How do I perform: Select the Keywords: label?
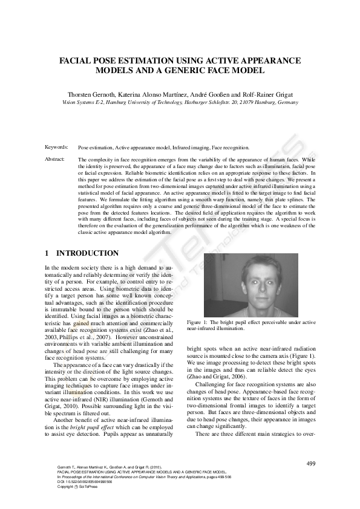click(x=56, y=148)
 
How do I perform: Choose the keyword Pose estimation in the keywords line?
click(x=96, y=148)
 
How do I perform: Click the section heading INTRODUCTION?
click(x=87, y=253)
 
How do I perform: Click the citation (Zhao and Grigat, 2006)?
click(x=213, y=377)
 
